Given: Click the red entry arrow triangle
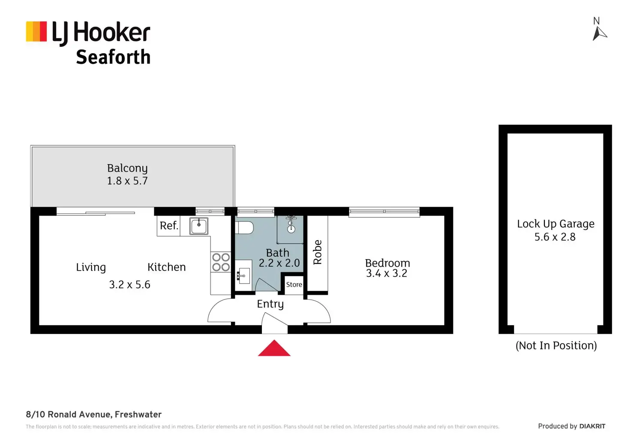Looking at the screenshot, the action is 274,349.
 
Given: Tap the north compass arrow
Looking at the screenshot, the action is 599,33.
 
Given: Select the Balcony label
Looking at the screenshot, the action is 127,168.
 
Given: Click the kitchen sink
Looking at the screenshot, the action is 199,226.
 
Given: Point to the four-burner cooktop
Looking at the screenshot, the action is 221,262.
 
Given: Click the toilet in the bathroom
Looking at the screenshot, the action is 245,227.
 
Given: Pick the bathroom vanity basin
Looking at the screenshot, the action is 243,275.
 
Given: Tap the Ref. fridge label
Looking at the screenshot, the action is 169,226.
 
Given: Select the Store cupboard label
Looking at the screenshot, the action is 294,284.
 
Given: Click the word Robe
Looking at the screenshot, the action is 318,252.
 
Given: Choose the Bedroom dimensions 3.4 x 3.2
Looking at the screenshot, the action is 387,273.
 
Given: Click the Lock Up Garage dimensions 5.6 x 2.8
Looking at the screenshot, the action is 555,237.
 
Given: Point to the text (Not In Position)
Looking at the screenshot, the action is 556,346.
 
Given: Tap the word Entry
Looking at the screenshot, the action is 270,304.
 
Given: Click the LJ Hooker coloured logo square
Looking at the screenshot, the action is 36,31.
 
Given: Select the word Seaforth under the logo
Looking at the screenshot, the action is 113,57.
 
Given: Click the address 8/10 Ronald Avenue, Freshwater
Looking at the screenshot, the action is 94,414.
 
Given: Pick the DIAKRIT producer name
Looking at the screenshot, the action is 592,426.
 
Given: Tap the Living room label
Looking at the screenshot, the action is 91,267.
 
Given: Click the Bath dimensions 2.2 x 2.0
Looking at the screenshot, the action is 279,263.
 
